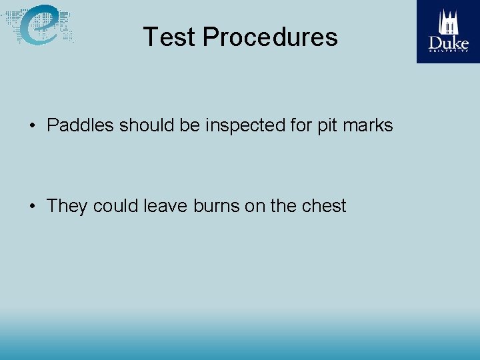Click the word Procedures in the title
270,37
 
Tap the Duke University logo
448,31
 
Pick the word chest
324,206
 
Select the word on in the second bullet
255,206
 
